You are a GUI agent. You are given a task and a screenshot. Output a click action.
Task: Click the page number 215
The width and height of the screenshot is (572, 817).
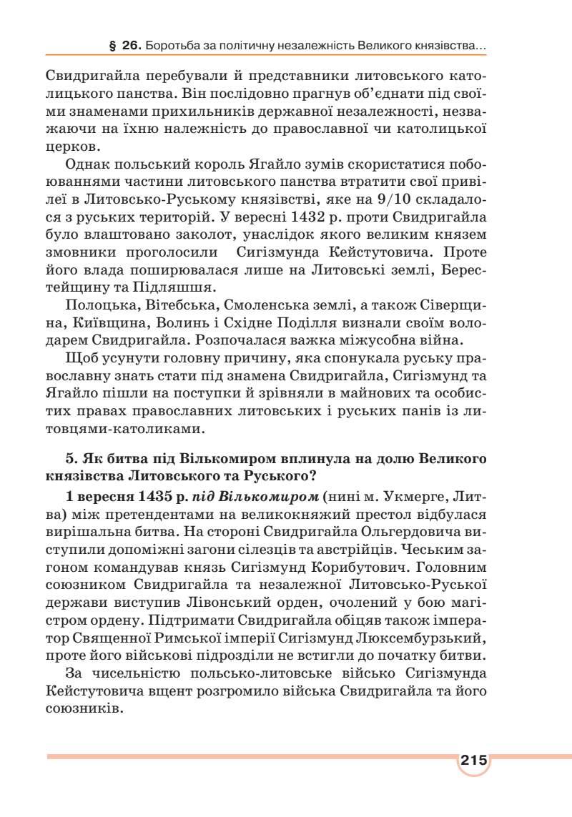point(473,760)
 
